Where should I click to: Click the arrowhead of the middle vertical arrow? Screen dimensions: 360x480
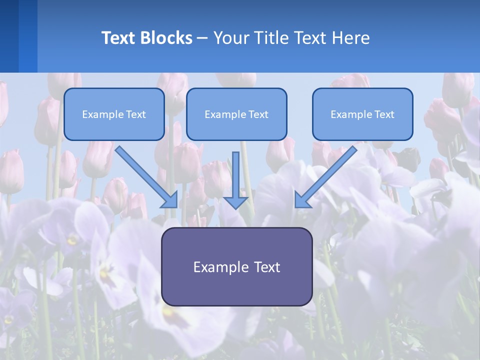click(235, 202)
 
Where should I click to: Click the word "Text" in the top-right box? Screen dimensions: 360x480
click(384, 114)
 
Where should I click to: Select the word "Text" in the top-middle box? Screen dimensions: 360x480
click(258, 114)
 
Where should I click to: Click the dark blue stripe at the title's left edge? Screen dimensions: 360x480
click(9, 36)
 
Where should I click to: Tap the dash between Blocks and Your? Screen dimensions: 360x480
click(202, 38)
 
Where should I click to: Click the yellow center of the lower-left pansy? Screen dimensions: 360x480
click(104, 272)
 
